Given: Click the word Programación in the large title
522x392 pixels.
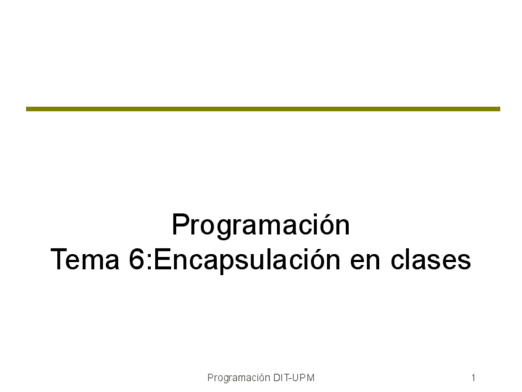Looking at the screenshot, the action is [260, 226].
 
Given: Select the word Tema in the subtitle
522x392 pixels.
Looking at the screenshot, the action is [85, 259].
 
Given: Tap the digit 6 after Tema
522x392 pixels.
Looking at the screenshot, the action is [137, 259].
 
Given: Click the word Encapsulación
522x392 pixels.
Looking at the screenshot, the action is [247, 260].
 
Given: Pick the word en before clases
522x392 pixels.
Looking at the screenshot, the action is [365, 262].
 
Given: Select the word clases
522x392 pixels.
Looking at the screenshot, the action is [430, 259].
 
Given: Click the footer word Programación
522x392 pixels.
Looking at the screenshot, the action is [239, 378].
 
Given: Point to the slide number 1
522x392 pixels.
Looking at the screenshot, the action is [473, 378].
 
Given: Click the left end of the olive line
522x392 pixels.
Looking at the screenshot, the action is [26, 109].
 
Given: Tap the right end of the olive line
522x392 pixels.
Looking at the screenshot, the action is [500, 109].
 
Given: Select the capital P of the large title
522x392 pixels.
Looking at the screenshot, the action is [182, 225].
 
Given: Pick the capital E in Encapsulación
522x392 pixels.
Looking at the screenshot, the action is [163, 259].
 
